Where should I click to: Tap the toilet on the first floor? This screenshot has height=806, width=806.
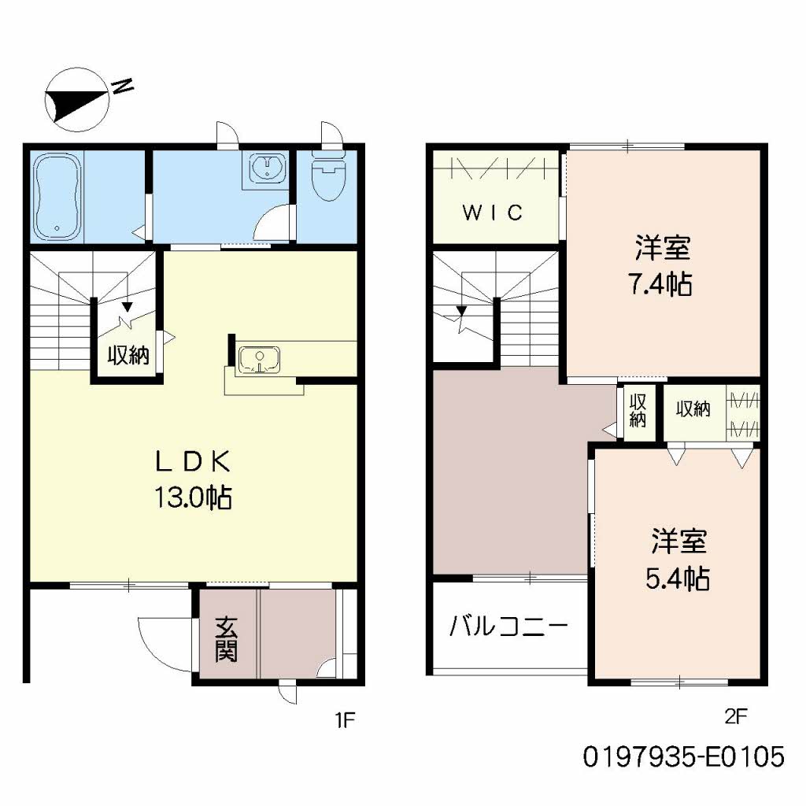point(329,176)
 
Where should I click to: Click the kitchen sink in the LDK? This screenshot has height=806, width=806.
point(260,359)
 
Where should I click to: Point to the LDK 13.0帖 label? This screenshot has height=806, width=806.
point(194,479)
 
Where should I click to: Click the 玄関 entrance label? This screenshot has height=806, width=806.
point(226,638)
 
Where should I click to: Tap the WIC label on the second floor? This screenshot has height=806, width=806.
point(493,213)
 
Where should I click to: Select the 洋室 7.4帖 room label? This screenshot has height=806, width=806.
point(662,265)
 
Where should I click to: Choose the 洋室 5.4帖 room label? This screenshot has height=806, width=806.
point(678,560)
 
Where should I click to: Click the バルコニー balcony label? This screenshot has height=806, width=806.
point(508,627)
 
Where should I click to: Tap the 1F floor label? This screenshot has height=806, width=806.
point(346,720)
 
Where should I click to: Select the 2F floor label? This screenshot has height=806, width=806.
point(736,716)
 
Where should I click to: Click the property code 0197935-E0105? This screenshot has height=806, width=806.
point(684,756)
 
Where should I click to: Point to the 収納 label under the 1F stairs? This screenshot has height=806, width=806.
point(128,355)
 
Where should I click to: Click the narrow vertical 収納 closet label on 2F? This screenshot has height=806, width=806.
point(638,410)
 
